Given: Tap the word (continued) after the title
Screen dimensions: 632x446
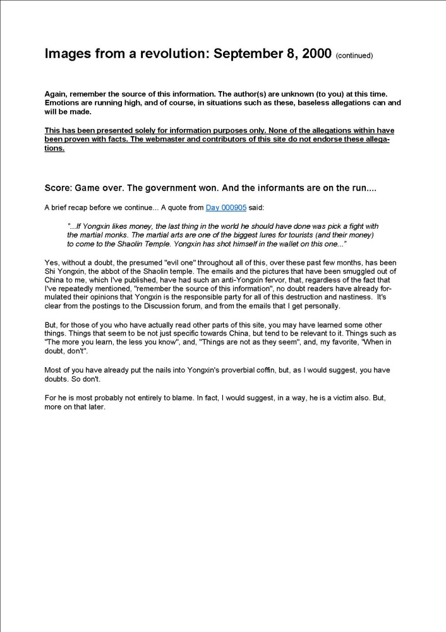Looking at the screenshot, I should pos(354,56).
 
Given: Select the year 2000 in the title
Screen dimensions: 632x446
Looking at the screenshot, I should pos(316,54).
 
